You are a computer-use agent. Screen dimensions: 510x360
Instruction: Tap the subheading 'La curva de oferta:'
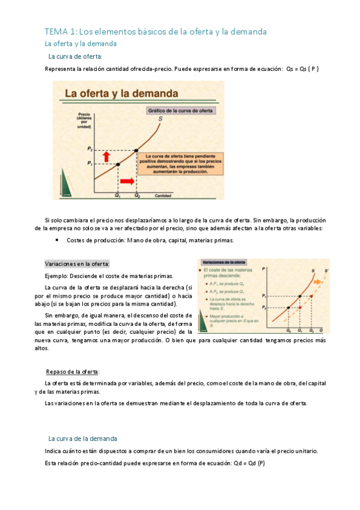[75, 57]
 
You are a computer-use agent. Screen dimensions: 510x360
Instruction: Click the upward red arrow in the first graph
[107, 156]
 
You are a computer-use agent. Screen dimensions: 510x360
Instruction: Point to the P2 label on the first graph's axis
[90, 149]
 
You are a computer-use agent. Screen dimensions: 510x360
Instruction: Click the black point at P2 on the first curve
[137, 150]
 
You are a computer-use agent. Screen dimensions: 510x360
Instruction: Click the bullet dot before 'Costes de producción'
[56, 240]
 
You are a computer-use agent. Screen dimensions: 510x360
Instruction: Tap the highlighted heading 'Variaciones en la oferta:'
[78, 264]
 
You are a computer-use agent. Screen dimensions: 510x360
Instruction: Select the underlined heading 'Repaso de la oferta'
[73, 371]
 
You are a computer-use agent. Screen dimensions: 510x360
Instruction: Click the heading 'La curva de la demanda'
[82, 438]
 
